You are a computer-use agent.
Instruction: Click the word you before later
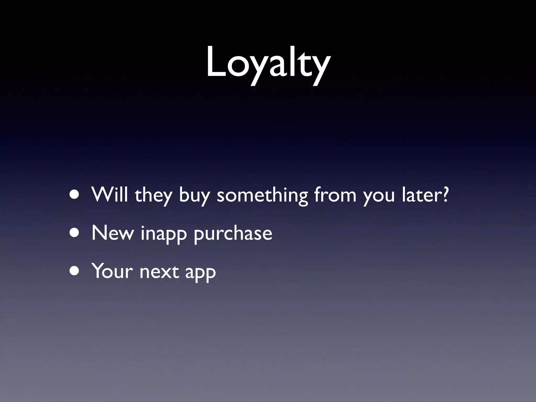click(x=379, y=196)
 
